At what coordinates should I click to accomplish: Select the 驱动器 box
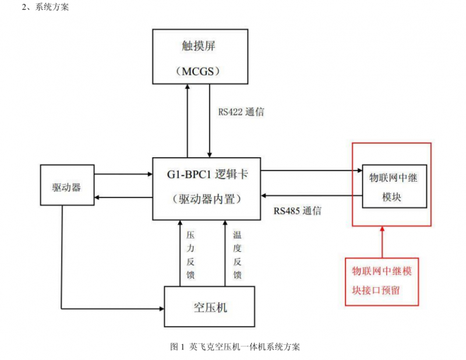pyautogui.click(x=66, y=185)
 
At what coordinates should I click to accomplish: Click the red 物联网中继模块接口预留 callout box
pyautogui.click(x=382, y=281)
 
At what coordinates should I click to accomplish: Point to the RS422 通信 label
pyautogui.click(x=241, y=112)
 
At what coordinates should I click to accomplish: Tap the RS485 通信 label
pyautogui.click(x=298, y=211)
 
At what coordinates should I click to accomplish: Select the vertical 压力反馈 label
pyautogui.click(x=190, y=255)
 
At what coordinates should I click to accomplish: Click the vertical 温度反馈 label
pyautogui.click(x=237, y=255)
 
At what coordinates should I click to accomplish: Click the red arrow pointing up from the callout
pyautogui.click(x=382, y=242)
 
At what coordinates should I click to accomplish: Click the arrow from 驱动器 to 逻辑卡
pyautogui.click(x=122, y=174)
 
